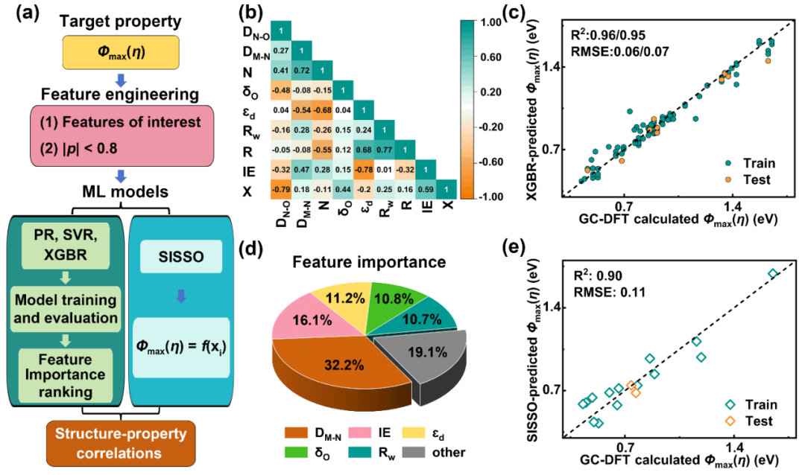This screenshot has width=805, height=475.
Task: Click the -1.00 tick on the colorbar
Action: point(492,196)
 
